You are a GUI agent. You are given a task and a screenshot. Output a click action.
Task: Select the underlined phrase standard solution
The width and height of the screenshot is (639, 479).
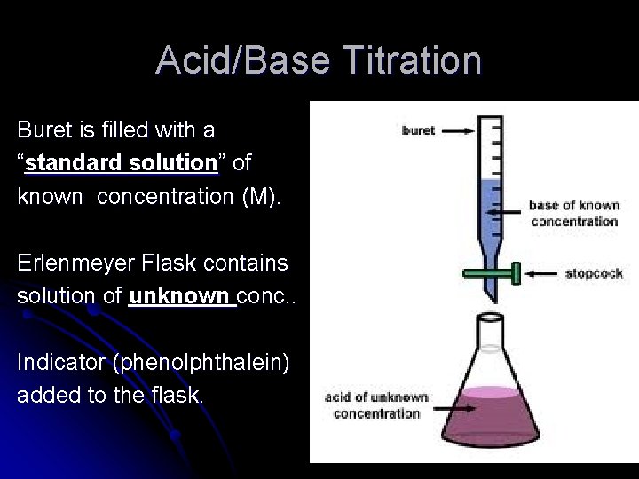[121, 164]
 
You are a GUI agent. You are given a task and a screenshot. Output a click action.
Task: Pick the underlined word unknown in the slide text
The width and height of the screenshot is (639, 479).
[181, 296]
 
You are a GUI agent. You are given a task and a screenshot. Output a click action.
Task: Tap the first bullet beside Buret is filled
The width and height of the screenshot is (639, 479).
[7, 130]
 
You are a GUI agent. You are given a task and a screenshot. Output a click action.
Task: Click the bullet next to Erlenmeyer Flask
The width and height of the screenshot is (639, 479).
[7, 263]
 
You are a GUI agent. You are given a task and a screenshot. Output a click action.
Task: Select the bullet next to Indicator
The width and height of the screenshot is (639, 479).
[7, 363]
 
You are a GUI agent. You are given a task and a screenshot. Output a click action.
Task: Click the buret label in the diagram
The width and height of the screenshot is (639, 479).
[418, 131]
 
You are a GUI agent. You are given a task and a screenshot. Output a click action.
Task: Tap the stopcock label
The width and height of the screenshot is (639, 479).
[593, 273]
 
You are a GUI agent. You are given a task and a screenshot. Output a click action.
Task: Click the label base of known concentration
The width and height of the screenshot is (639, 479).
[573, 213]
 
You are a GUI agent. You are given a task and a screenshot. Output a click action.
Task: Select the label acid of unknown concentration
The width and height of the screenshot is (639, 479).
[376, 405]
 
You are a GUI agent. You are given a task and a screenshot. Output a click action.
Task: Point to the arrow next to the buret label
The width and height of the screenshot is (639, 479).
[462, 131]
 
